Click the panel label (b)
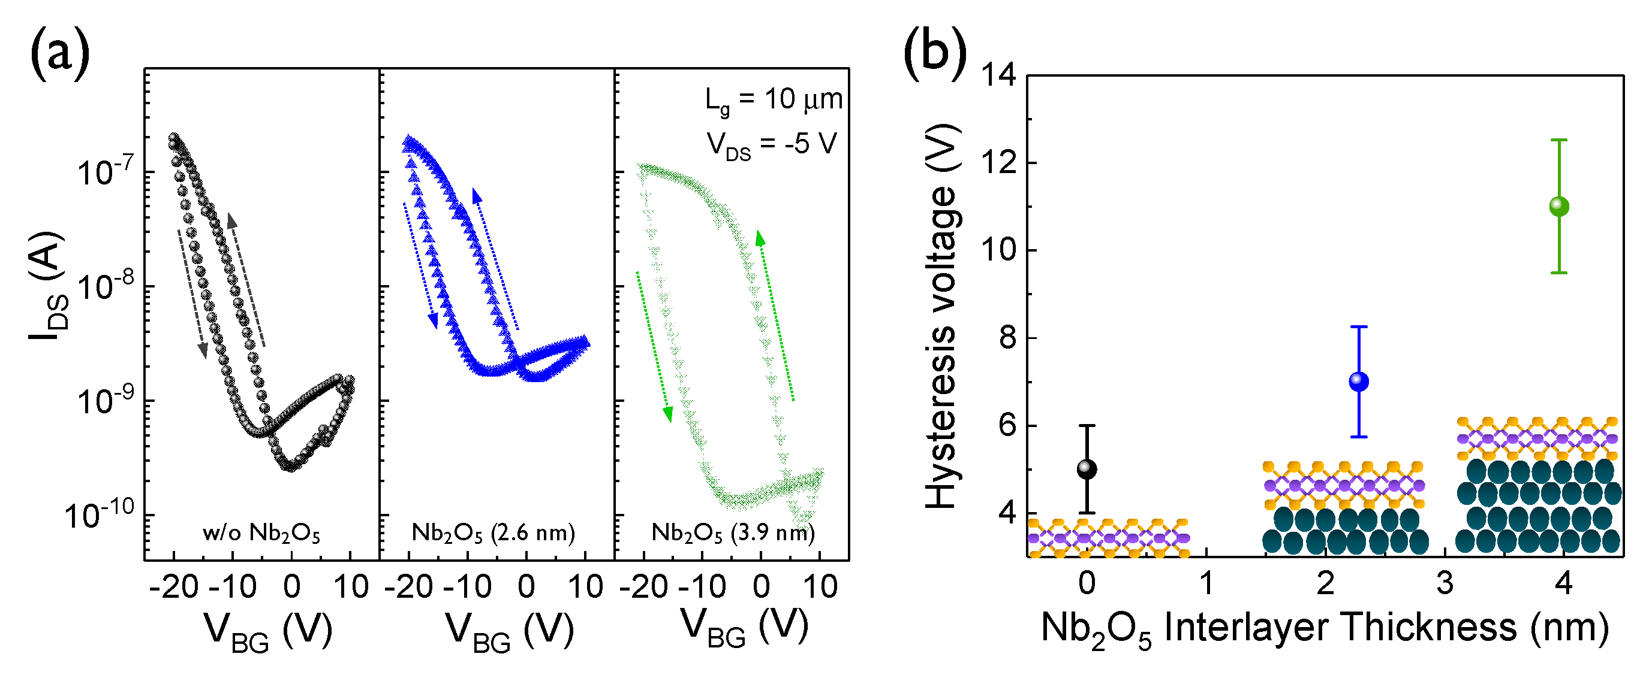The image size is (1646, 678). tap(934, 55)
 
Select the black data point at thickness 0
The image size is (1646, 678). tap(1087, 469)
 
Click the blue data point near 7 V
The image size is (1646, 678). tap(1358, 381)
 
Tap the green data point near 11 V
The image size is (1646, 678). tap(1559, 206)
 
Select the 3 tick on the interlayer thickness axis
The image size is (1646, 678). tap(1444, 583)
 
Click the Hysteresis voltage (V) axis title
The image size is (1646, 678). tap(942, 316)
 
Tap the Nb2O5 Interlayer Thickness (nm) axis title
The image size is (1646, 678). tap(1324, 628)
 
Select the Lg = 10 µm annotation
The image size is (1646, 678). tap(773, 101)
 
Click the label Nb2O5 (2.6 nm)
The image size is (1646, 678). tap(493, 532)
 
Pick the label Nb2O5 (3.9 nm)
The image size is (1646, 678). tap(732, 532)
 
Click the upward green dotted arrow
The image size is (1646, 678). tap(776, 316)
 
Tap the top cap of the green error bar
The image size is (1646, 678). tap(1559, 140)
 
